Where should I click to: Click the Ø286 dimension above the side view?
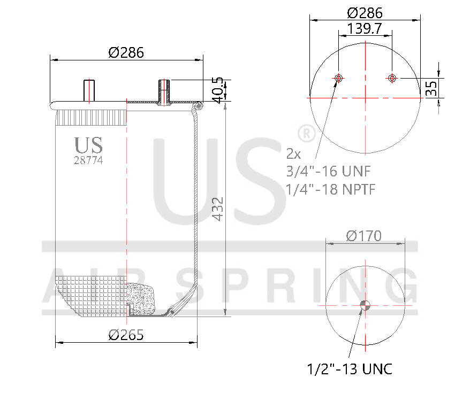(x=126, y=52)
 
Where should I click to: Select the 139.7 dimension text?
(x=364, y=29)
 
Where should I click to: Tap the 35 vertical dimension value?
(x=431, y=88)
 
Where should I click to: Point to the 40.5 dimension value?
(x=217, y=90)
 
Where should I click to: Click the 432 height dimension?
(x=218, y=209)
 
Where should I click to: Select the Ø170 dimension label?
(x=364, y=236)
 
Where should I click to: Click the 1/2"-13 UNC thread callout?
(x=350, y=369)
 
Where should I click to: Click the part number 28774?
(x=88, y=160)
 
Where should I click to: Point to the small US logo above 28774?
(x=88, y=145)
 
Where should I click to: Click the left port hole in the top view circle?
(x=338, y=79)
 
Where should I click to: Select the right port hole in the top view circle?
(x=392, y=79)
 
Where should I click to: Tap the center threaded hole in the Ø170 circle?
(x=365, y=305)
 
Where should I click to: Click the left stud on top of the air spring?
(x=88, y=90)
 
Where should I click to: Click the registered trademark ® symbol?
(x=306, y=134)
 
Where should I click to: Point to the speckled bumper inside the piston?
(x=141, y=299)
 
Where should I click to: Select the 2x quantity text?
(x=294, y=154)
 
